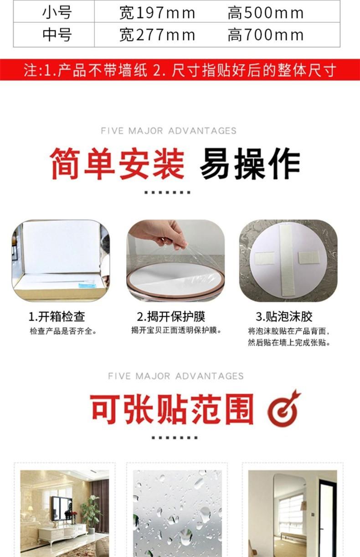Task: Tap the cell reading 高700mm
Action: point(266,35)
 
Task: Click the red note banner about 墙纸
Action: point(180,70)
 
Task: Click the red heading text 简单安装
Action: point(117,164)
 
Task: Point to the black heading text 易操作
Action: point(250,164)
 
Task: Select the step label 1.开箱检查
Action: point(57,317)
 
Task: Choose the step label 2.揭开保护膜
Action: point(171,317)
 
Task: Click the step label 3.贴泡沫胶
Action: point(284,317)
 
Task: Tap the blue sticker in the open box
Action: point(87,285)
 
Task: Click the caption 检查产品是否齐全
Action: point(63,331)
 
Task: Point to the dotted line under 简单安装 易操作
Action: point(167,193)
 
